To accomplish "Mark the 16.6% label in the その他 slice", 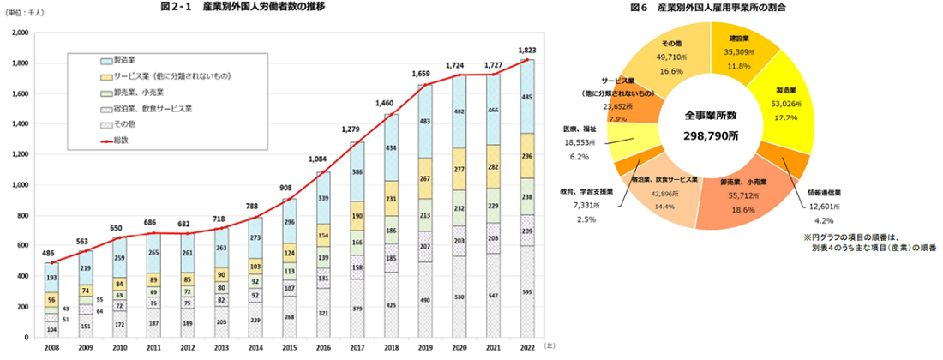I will click(671, 72).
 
